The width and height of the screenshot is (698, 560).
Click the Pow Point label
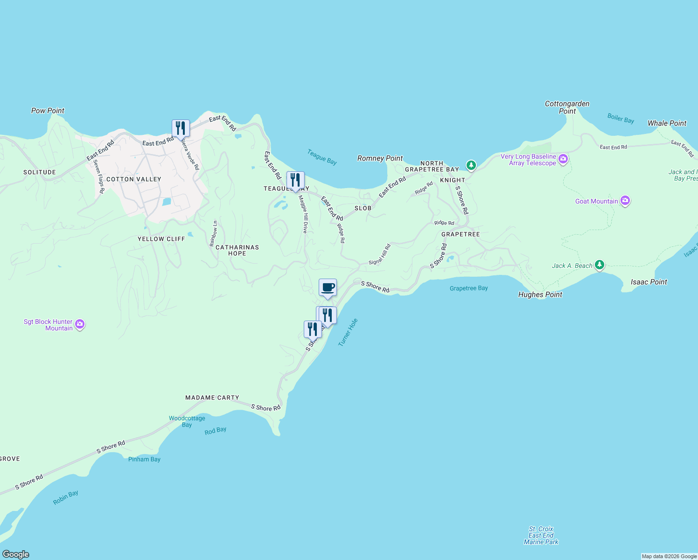click(48, 111)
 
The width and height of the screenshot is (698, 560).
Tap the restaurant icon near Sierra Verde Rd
click(181, 128)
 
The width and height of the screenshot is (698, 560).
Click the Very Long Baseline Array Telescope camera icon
click(563, 160)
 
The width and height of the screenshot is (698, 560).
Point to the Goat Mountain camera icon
click(625, 201)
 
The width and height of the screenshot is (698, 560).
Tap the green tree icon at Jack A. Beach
click(600, 265)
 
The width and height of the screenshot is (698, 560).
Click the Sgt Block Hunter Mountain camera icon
click(80, 324)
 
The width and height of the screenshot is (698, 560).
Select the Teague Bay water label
click(322, 157)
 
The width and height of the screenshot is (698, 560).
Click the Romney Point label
click(380, 158)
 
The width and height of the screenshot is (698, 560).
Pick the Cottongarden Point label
click(567, 107)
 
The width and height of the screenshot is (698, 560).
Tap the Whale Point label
click(667, 123)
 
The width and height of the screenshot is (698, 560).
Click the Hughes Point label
click(540, 294)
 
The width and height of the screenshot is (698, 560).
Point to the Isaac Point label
click(649, 282)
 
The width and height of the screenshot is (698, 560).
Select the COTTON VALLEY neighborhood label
click(134, 179)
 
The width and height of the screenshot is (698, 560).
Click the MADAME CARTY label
click(212, 398)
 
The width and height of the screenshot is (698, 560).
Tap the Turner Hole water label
click(348, 332)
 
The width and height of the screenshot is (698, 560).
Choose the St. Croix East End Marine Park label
click(541, 535)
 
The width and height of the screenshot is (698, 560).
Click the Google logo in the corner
click(16, 554)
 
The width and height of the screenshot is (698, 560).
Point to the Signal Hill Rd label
click(379, 255)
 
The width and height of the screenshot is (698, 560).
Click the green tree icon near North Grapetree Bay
click(471, 165)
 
